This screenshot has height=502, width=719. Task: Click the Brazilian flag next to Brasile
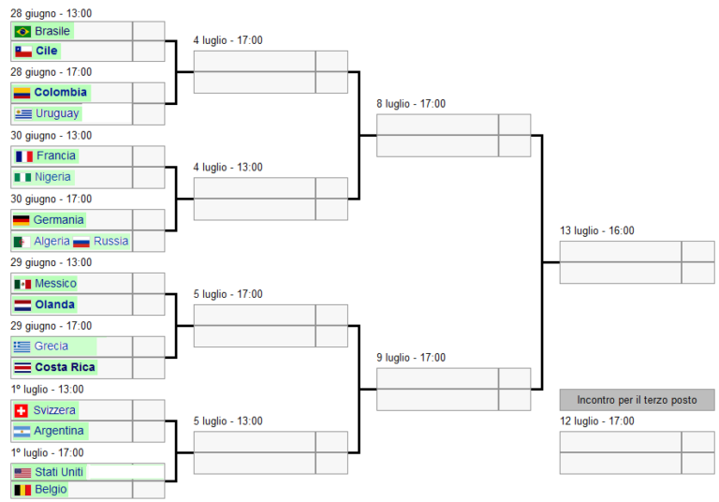point(22,31)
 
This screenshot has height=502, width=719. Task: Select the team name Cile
point(47,51)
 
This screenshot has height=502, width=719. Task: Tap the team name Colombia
point(61,92)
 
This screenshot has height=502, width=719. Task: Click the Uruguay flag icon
point(22,114)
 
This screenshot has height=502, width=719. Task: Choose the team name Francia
point(56,155)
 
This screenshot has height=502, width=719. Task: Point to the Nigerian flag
point(22,177)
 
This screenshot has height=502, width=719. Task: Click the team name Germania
point(58,220)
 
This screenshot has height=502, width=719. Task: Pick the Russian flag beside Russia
point(81,242)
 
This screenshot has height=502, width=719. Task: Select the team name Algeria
point(51,241)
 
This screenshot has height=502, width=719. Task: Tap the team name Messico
point(55,283)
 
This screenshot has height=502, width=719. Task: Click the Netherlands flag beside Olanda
point(22,305)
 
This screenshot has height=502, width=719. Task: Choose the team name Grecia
point(51,346)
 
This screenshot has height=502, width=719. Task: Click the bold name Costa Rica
point(66,367)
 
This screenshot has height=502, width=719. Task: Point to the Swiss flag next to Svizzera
point(21,411)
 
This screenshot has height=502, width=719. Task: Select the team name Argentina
point(59,431)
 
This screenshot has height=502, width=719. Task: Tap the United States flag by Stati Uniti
point(22,473)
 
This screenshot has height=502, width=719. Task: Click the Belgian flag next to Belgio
point(22,490)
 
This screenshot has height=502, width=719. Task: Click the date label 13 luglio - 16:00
point(597,230)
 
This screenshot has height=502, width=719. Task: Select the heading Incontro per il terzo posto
point(637,400)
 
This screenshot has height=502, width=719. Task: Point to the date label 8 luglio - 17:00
point(411,104)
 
